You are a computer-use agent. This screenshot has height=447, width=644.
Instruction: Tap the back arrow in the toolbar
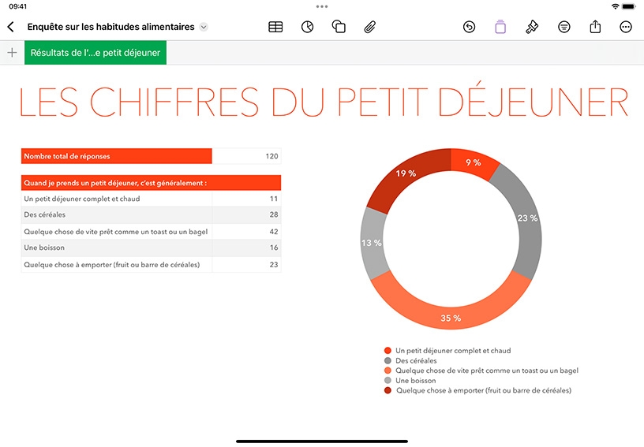click(11, 27)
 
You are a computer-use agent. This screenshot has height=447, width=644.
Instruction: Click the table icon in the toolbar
click(275, 27)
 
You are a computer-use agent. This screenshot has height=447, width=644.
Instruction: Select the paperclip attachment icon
click(369, 27)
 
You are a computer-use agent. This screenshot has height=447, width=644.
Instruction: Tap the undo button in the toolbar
click(469, 27)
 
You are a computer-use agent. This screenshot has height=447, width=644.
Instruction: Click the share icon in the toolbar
click(595, 27)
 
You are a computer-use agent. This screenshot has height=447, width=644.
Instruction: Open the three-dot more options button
click(626, 27)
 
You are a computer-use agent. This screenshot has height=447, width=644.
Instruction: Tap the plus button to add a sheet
click(13, 53)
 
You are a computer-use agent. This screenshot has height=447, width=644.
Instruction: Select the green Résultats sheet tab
click(95, 53)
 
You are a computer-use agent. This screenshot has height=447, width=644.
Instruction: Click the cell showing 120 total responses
click(247, 156)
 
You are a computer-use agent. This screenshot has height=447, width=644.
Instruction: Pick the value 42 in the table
click(274, 232)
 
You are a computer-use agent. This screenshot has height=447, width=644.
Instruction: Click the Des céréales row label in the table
click(44, 214)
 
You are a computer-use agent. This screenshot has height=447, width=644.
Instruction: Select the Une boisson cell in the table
click(117, 248)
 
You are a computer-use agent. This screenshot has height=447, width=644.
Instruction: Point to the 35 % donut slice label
click(451, 318)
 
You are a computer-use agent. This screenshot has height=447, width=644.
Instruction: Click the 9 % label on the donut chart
click(474, 162)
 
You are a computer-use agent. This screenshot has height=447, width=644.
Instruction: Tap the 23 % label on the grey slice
click(527, 218)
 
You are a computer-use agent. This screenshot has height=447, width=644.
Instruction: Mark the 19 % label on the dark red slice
click(406, 173)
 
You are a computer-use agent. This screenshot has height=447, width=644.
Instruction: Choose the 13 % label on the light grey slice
click(371, 243)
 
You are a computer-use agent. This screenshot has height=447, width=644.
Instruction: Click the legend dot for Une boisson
click(388, 380)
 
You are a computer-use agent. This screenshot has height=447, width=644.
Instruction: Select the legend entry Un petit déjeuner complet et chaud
click(453, 351)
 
